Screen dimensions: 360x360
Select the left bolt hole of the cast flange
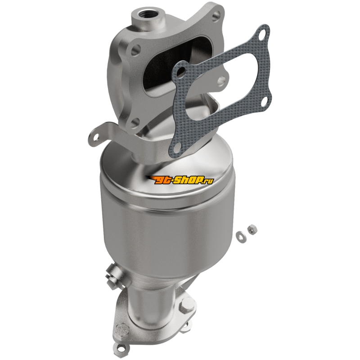[136, 49]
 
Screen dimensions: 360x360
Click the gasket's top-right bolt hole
[261, 36]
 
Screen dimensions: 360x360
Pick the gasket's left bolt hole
[181, 72]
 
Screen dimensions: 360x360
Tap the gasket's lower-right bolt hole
[263, 100]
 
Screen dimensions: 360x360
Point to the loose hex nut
[252, 229]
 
